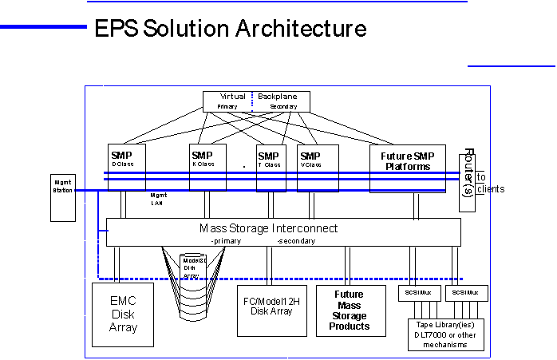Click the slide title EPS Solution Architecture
pyautogui.click(x=230, y=30)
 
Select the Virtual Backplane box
pyautogui.click(x=255, y=101)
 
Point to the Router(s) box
pyautogui.click(x=468, y=179)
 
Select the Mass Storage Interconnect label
pyautogui.click(x=268, y=228)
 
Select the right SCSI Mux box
pyautogui.click(x=464, y=293)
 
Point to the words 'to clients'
pyautogui.click(x=489, y=184)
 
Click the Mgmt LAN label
pyautogui.click(x=158, y=199)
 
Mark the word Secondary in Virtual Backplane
pyautogui.click(x=282, y=106)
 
